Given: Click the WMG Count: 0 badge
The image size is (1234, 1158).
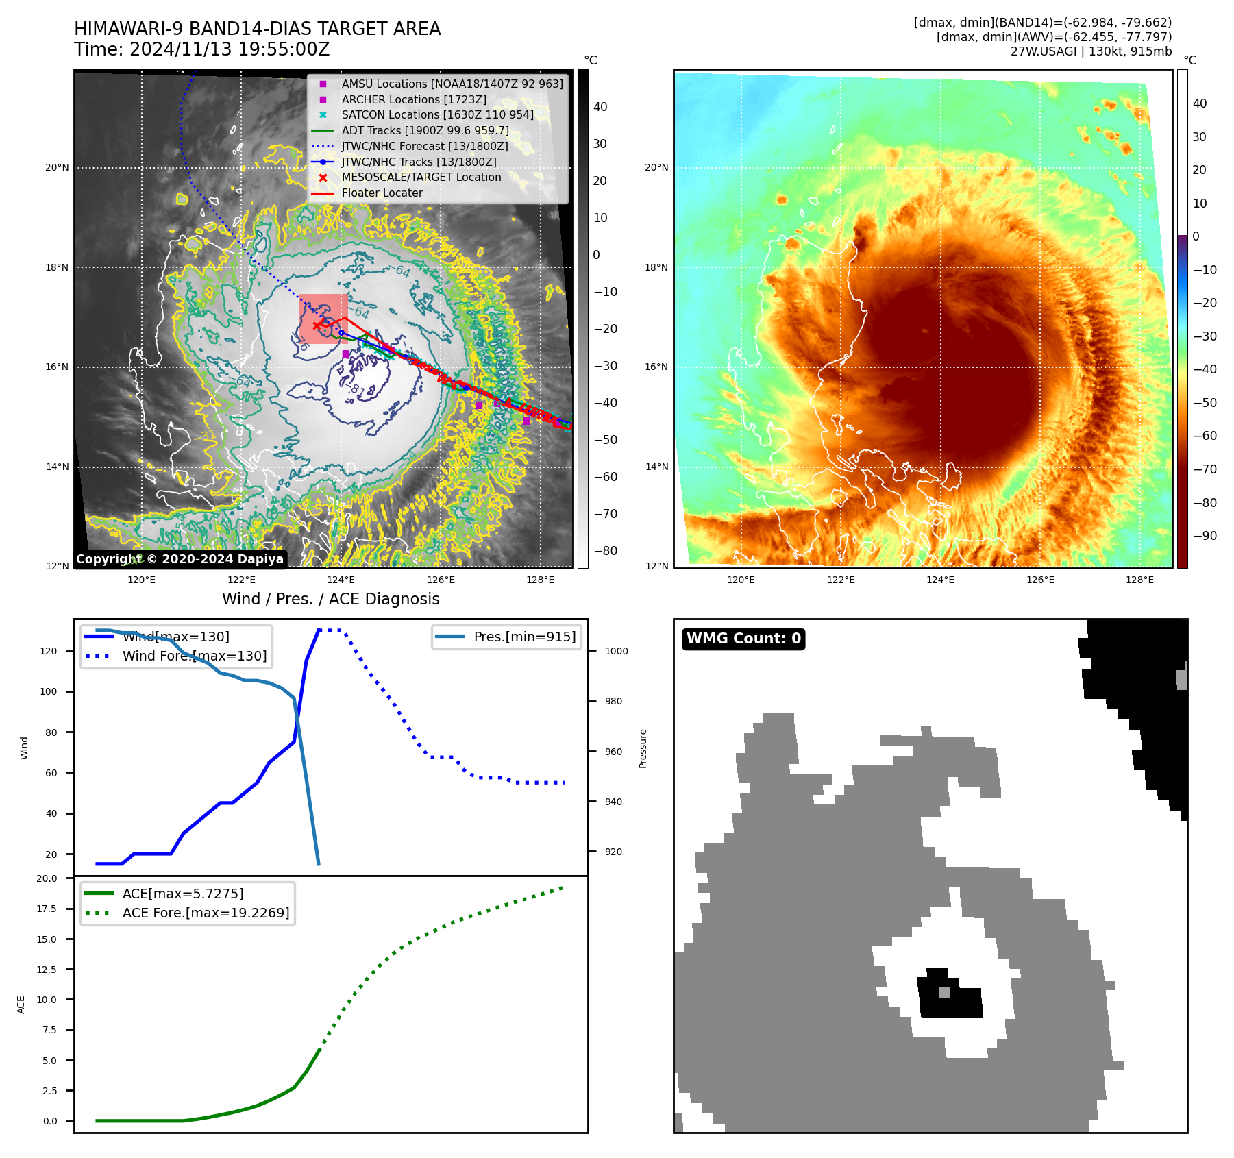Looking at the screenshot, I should coord(743,639).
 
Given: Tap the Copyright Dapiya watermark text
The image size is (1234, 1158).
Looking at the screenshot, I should coord(180,559).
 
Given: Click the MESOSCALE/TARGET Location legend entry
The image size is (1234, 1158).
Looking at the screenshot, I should coord(421,177).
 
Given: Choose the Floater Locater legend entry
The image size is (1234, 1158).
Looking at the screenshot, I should coord(382,193).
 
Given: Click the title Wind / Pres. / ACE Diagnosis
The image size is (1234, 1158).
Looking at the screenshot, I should coord(331,599).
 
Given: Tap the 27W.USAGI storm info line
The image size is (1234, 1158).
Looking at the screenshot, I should coord(1091,51).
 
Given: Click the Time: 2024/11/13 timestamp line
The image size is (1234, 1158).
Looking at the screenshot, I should coord(202,49).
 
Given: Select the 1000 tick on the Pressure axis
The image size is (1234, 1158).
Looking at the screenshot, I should coord(616,651).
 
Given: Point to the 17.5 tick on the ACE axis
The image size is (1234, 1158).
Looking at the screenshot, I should coord(47,909).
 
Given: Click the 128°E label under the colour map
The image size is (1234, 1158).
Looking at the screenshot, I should coord(1139,580).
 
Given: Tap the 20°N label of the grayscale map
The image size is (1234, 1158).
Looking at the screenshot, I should coord(58,167).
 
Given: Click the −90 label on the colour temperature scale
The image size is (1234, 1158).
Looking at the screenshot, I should coord(1205,536).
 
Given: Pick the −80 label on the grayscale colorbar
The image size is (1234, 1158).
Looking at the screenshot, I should coord(605,551).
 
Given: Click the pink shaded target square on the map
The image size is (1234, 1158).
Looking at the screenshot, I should coord(323,319).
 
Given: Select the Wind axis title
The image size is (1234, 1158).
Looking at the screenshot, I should coord(25,748).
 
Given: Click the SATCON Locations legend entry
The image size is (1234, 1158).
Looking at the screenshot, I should coord(437,114).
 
